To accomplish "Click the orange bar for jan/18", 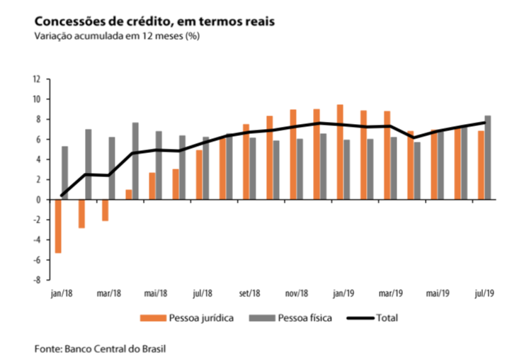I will coord(58,226).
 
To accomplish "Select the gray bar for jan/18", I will coord(65,173).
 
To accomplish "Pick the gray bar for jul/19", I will coord(488,157).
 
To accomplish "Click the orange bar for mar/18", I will coord(105,210).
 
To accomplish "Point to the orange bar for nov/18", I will coord(293,154).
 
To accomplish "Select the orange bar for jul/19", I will coord(481,165).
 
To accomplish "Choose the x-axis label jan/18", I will coord(61,293).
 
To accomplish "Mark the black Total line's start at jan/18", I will coord(62,195).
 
